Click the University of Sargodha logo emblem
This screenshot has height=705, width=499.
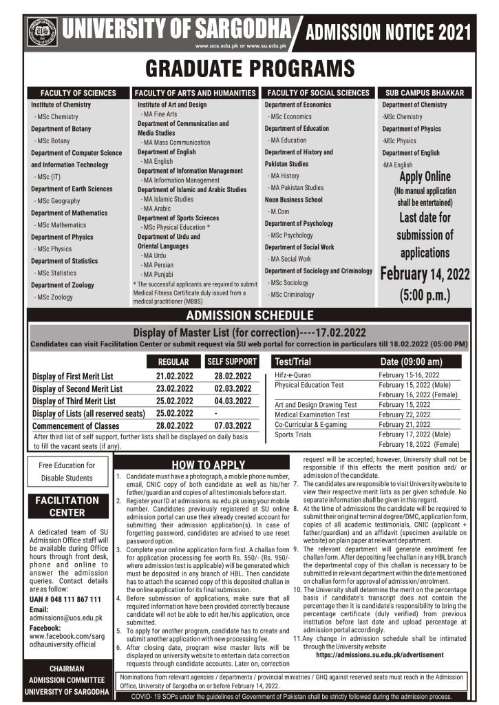pos(43,32)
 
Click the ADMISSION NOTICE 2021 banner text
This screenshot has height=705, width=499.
pos(388,32)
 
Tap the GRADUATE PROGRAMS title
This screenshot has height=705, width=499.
pos(250,69)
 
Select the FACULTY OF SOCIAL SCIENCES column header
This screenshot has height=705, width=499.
pos(318,93)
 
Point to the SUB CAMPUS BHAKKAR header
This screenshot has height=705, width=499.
pos(425,93)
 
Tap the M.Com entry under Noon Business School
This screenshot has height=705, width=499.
pos(279,211)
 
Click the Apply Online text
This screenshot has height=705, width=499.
pos(424,177)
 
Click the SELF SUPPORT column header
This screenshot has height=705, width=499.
pos(232,361)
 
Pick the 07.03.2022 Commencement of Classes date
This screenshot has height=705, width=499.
pos(231,426)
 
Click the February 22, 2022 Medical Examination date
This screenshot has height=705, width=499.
pos(405,414)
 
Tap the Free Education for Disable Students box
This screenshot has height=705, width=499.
pos(70,472)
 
